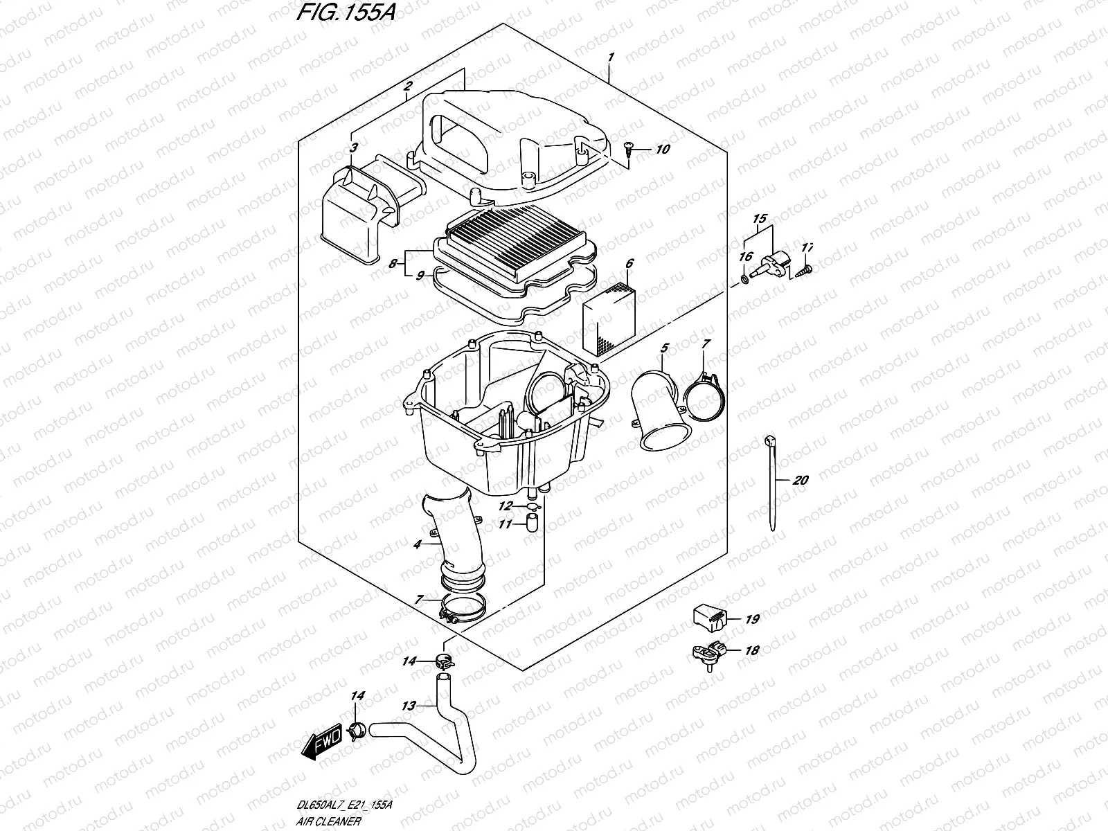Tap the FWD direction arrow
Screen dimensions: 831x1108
pyautogui.click(x=323, y=747)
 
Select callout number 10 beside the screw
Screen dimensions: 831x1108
pyautogui.click(x=663, y=150)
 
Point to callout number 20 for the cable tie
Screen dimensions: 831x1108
pyautogui.click(x=801, y=481)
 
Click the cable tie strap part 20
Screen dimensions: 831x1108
pyautogui.click(x=771, y=485)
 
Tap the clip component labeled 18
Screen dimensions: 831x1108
pyautogui.click(x=708, y=652)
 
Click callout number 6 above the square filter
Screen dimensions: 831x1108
pyautogui.click(x=629, y=264)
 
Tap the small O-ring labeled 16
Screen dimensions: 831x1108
pyautogui.click(x=745, y=279)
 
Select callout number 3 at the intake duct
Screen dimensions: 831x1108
pyautogui.click(x=353, y=148)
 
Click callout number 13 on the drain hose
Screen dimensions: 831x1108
pyautogui.click(x=409, y=706)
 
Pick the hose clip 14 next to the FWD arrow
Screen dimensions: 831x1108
pyautogui.click(x=357, y=730)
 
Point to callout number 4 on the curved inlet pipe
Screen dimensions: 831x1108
pyautogui.click(x=417, y=545)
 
